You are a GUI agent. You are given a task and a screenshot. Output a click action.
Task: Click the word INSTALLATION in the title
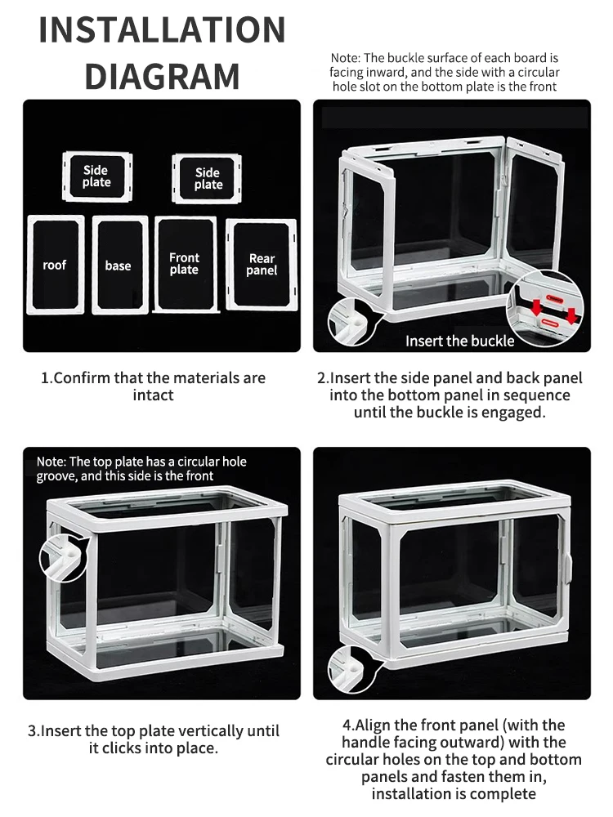pyautogui.click(x=162, y=29)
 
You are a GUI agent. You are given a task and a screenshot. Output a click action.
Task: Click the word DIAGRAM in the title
pyautogui.click(x=162, y=76)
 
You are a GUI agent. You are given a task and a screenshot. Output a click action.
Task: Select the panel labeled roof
pyautogui.click(x=56, y=265)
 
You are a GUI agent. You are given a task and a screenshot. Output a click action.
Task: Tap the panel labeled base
pyautogui.click(x=120, y=266)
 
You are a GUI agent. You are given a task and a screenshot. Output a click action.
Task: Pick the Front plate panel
pyautogui.click(x=186, y=264)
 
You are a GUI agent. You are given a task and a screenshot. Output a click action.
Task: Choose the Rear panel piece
pyautogui.click(x=262, y=264)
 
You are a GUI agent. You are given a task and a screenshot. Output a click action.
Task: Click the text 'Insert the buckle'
pyautogui.click(x=459, y=341)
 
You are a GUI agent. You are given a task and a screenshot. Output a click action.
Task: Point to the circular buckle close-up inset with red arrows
pyautogui.click(x=545, y=309)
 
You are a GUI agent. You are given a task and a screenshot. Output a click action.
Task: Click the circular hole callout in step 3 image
pyautogui.click(x=64, y=558)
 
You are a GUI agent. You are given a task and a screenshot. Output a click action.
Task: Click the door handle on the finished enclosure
pyautogui.click(x=568, y=568)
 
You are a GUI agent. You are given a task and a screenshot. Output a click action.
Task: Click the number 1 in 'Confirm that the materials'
pyautogui.click(x=45, y=377)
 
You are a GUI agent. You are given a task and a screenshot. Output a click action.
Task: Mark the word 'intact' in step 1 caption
pyautogui.click(x=154, y=395)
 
